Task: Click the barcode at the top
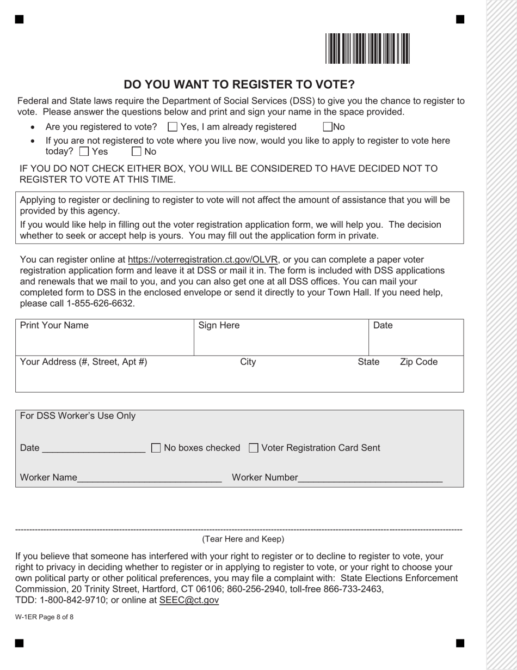click(x=368, y=49)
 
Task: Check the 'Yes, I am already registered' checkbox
click(x=173, y=127)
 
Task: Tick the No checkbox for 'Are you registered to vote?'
click(x=328, y=127)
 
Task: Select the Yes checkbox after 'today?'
click(x=84, y=151)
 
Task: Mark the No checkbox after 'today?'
click(x=137, y=151)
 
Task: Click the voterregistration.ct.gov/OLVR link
click(x=202, y=259)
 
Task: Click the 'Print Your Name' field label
click(x=54, y=326)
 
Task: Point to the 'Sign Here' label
click(x=219, y=326)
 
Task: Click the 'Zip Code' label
click(x=418, y=362)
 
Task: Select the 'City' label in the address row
click(x=248, y=362)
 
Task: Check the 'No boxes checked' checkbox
click(x=156, y=448)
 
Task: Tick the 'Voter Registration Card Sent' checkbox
click(x=253, y=448)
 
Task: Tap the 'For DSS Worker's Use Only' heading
click(x=78, y=416)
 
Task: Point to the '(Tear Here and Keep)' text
click(x=243, y=539)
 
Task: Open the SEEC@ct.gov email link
click(x=189, y=600)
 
